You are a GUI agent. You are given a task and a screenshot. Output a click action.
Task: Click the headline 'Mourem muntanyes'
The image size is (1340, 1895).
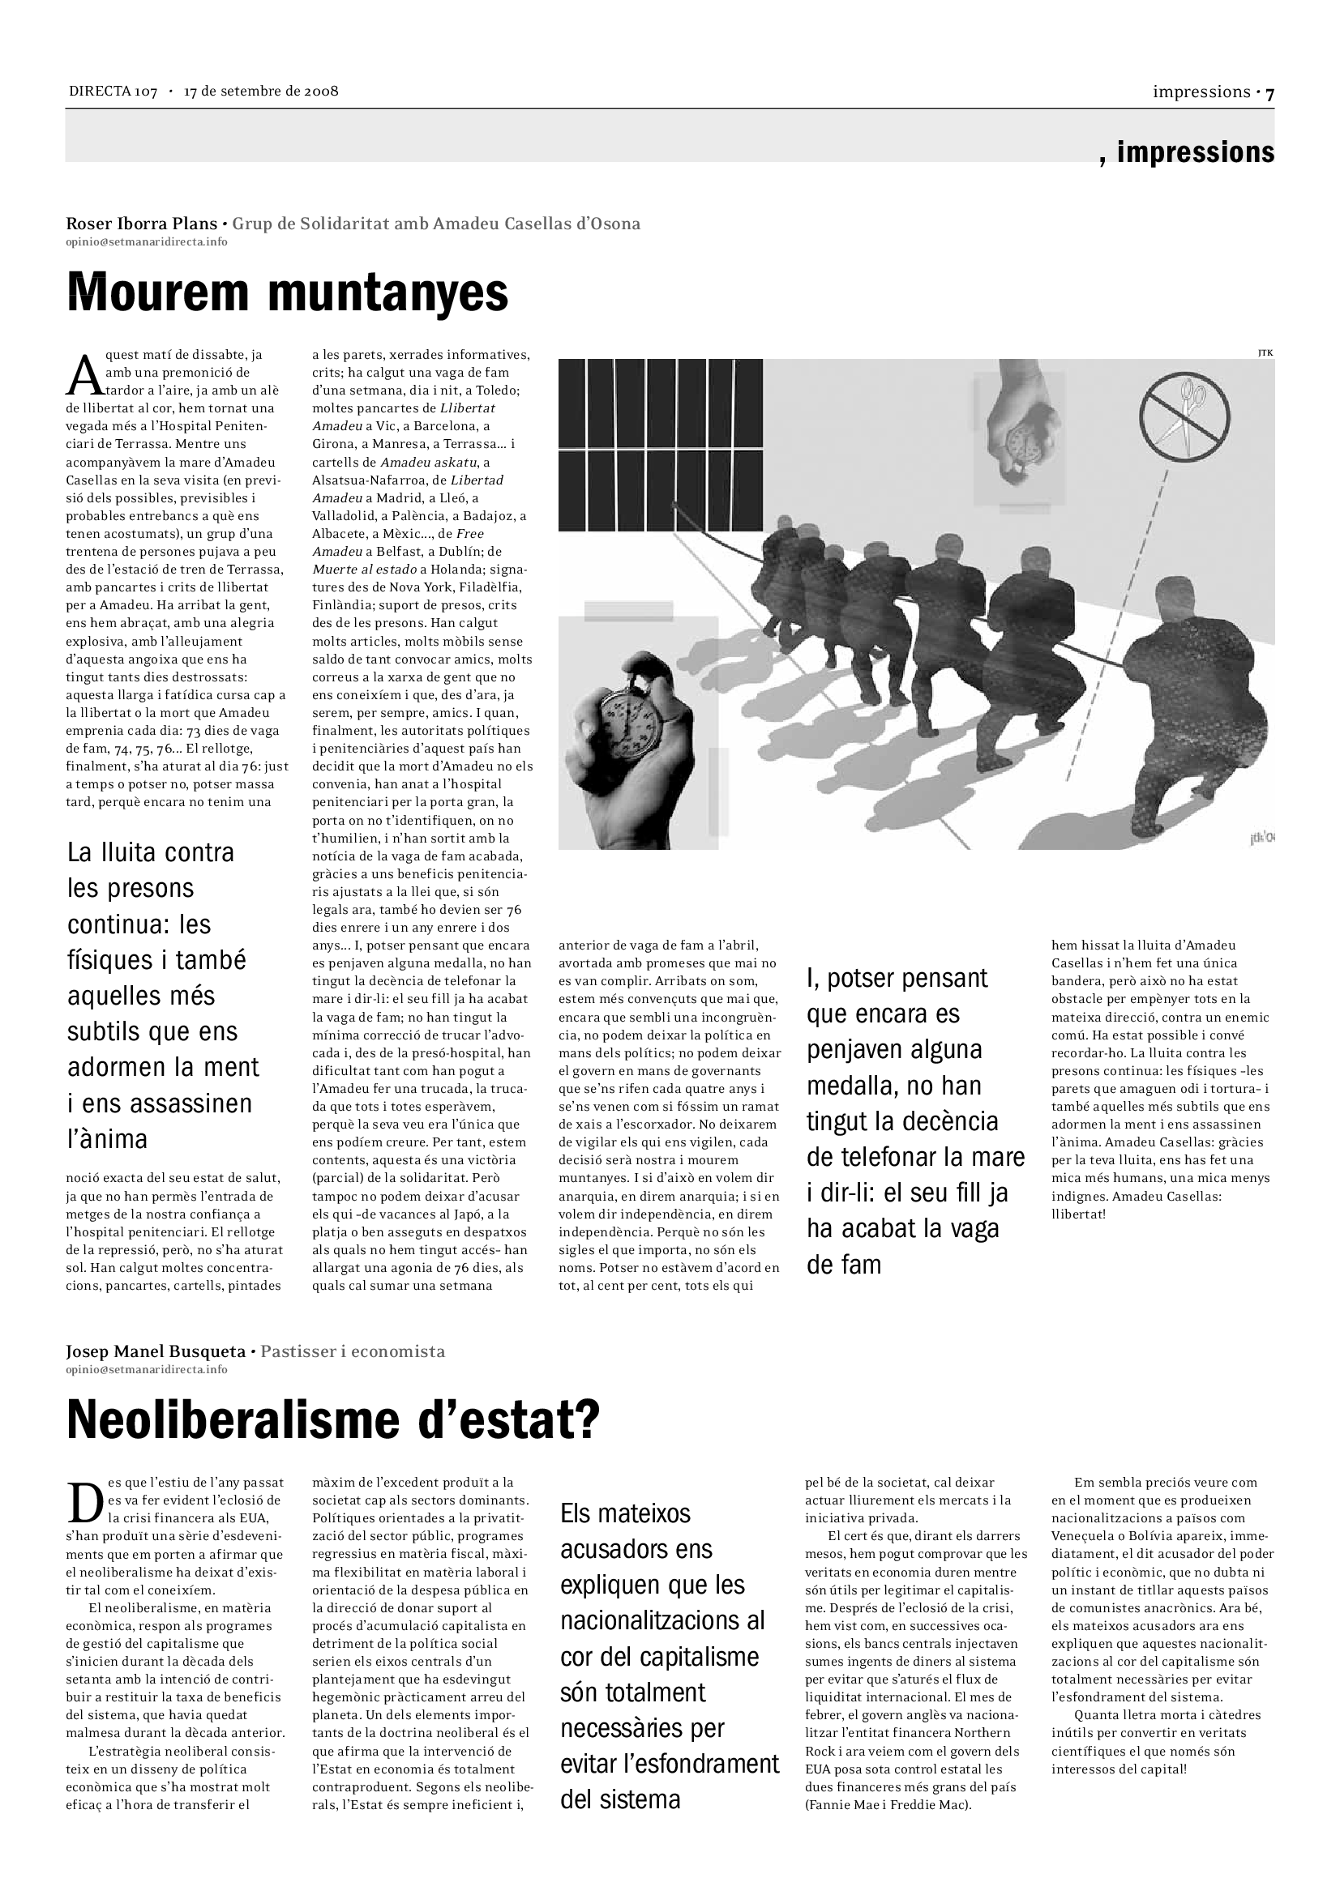click(x=286, y=293)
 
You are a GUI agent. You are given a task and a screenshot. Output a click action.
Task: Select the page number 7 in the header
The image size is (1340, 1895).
click(x=1269, y=93)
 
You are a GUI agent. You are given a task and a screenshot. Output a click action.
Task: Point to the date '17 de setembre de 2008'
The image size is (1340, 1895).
click(x=261, y=92)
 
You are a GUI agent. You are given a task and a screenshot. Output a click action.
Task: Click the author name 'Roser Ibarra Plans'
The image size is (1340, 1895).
click(x=141, y=224)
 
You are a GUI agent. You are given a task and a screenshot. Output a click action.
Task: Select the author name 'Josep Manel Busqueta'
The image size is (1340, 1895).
click(x=155, y=1352)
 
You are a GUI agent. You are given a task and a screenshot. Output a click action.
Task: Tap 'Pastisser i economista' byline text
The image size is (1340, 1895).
click(x=353, y=1352)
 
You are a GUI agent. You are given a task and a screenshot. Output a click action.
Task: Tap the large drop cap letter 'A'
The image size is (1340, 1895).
click(x=83, y=376)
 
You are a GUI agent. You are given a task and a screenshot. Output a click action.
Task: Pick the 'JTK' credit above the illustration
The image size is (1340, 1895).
click(x=1265, y=353)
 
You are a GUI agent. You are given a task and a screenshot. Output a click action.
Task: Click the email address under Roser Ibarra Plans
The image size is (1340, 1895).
click(x=146, y=241)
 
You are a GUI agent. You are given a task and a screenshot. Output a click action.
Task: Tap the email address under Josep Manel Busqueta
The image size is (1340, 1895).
click(x=146, y=1369)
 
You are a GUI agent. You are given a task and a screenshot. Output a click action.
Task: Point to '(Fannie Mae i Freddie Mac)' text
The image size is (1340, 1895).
click(x=888, y=1805)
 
